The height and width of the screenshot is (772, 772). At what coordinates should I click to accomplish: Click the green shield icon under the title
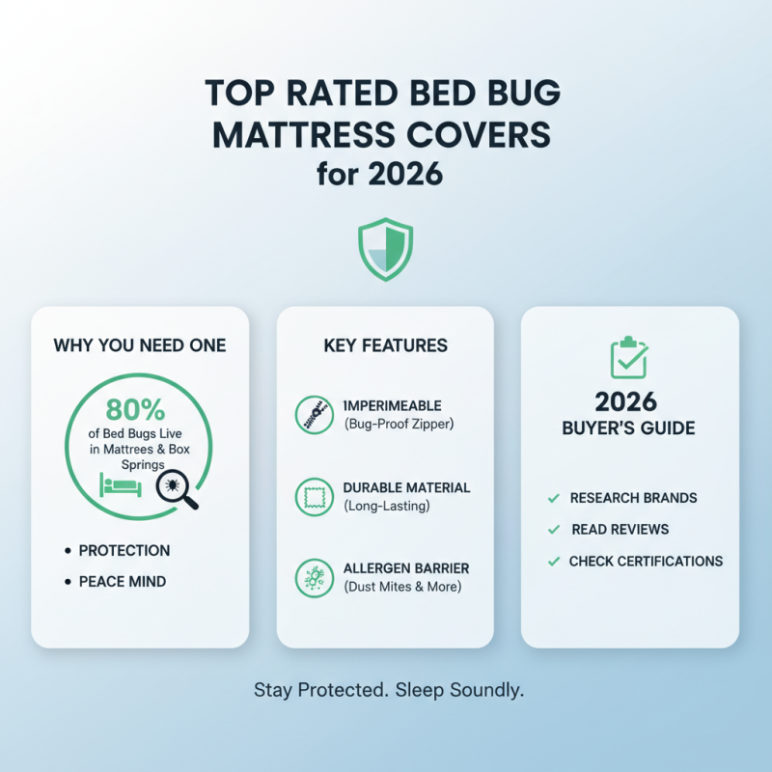click(x=385, y=250)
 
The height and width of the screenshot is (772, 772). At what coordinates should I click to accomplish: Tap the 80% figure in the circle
click(x=135, y=409)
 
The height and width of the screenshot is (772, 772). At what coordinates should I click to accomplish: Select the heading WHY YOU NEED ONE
click(x=140, y=345)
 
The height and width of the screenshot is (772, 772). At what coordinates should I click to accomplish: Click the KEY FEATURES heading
click(x=385, y=345)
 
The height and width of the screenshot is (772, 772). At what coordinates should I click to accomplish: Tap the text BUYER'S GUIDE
click(x=628, y=428)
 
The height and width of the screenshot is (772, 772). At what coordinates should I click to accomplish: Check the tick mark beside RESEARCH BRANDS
click(x=553, y=498)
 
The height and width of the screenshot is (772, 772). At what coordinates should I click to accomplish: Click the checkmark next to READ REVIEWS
click(x=553, y=530)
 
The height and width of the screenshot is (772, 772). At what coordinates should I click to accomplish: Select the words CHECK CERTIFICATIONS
click(x=646, y=561)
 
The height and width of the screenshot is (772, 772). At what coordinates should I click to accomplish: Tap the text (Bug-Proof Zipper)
click(x=399, y=425)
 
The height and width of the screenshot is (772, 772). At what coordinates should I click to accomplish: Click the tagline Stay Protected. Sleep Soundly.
click(x=388, y=690)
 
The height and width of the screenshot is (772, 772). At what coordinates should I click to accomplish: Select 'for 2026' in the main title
click(x=385, y=176)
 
